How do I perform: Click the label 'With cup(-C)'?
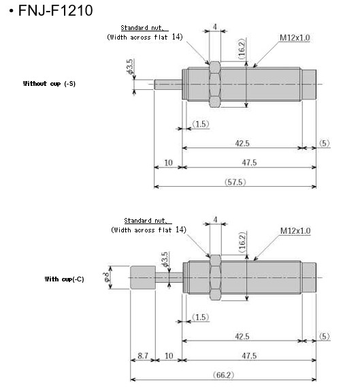pyautogui.click(x=65, y=279)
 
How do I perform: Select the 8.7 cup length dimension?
pyautogui.click(x=142, y=356)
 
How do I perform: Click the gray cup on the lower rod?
pyautogui.click(x=142, y=278)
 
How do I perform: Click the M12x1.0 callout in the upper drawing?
pyautogui.click(x=295, y=37)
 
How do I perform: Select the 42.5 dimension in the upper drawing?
pyautogui.click(x=241, y=143)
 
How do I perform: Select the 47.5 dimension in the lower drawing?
pyautogui.click(x=248, y=356)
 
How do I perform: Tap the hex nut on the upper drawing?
pyautogui.click(x=214, y=84)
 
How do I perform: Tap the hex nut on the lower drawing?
pyautogui.click(x=215, y=278)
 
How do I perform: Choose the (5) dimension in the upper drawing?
pyautogui.click(x=325, y=143)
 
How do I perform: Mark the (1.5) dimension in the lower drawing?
pyautogui.click(x=201, y=318)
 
